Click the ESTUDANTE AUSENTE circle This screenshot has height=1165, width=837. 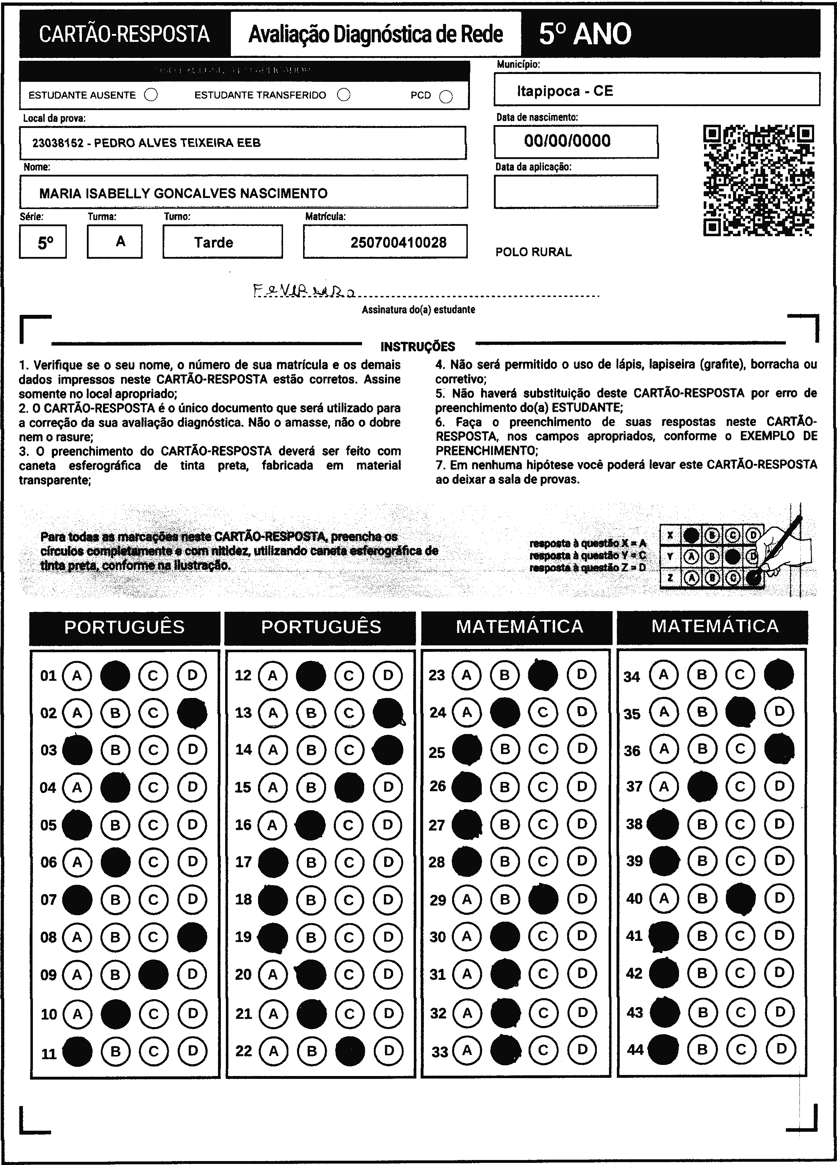[151, 95]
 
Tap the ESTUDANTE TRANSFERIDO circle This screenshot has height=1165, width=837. [344, 95]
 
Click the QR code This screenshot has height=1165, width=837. [758, 180]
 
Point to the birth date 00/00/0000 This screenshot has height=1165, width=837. [567, 141]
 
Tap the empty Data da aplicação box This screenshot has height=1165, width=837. [575, 191]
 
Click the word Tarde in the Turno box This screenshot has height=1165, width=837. [214, 242]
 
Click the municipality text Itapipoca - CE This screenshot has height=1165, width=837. [565, 91]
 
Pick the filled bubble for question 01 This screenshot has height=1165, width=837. [115, 675]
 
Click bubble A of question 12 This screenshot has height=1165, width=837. [273, 675]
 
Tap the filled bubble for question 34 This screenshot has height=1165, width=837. [779, 674]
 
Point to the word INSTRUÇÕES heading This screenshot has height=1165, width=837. [418, 347]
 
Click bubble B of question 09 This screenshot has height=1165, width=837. [115, 975]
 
